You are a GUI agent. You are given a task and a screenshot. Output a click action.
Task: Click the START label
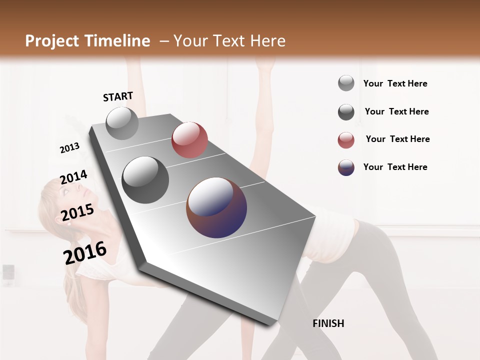pos(118,96)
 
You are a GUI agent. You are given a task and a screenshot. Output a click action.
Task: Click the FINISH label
pos(328,323)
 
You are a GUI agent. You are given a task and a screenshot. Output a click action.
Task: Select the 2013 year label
pos(69,147)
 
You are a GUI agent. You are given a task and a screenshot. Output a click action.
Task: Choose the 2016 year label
pos(85,253)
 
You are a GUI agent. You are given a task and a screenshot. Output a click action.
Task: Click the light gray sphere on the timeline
pos(122,123)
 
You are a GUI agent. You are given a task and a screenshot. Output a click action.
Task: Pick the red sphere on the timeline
pos(189,140)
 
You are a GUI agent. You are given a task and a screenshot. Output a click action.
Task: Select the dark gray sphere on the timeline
pos(145,180)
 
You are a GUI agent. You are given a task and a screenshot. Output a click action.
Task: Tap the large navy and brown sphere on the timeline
pos(216,207)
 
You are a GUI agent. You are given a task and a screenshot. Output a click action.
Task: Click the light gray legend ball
pos(346,83)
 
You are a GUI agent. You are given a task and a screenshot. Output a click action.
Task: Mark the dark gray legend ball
pos(346,112)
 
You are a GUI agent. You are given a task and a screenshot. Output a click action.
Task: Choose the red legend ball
pos(346,140)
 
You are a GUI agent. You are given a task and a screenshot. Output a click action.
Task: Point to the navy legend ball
pos(346,167)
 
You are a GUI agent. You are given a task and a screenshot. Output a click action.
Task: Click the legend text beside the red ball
pos(397,139)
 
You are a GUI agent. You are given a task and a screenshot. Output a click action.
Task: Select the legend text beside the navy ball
pos(395,167)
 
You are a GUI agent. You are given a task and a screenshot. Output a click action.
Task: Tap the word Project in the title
pos(52,41)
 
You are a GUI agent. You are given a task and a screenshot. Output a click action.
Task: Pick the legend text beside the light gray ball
pos(395,83)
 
